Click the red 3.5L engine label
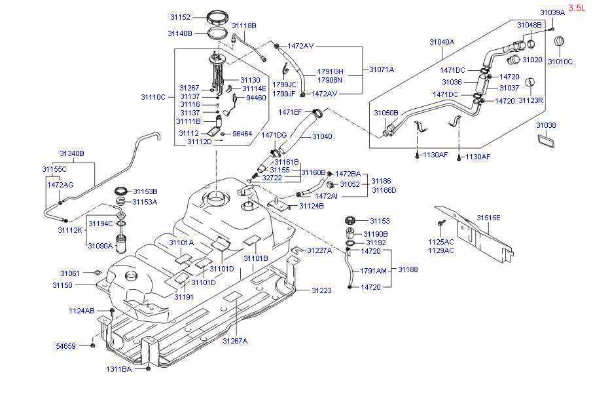pos(577,8)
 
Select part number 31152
pos(180,17)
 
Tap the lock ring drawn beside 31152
pos(217,18)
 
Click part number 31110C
pos(153,97)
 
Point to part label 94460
pos(256,98)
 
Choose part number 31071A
pos(382,69)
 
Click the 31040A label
pos(442,42)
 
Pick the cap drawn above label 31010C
pos(559,41)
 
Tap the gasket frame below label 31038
pos(545,140)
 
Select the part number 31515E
pos(489,218)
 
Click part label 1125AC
pos(440,242)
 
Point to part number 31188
pos(408,269)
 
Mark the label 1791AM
pos(373,271)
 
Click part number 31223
pos(321,290)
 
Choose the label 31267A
pos(235,341)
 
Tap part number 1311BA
pos(118,369)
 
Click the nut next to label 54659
pos(92,345)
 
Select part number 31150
pos(62,285)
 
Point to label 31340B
pos(71,153)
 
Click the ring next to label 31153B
pos(121,191)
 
